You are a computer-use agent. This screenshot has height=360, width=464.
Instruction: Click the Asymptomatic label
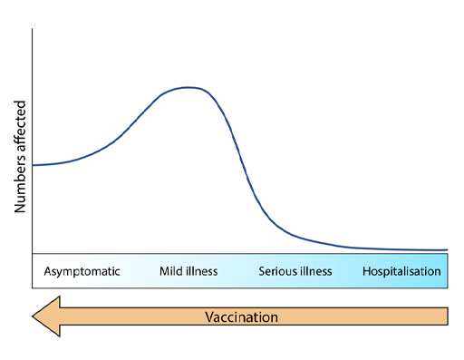pyautogui.click(x=82, y=271)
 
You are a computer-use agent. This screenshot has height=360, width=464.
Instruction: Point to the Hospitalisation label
pyautogui.click(x=401, y=271)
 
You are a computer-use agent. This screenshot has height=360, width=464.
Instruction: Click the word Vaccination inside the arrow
pyautogui.click(x=241, y=317)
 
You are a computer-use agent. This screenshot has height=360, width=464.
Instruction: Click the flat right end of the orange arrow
pyautogui.click(x=447, y=316)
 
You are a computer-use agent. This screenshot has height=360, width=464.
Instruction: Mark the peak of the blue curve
pyautogui.click(x=188, y=87)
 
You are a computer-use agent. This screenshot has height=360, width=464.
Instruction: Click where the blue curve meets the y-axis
pyautogui.click(x=34, y=165)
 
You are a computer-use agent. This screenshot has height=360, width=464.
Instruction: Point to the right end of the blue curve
pyautogui.click(x=447, y=249)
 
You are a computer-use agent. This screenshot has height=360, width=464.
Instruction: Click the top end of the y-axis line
pyautogui.click(x=33, y=30)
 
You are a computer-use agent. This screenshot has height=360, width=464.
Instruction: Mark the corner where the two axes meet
pyautogui.click(x=33, y=254)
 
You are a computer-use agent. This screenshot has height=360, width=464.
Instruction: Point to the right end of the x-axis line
pyautogui.click(x=447, y=254)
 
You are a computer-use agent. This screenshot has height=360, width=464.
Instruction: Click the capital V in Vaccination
pyautogui.click(x=209, y=317)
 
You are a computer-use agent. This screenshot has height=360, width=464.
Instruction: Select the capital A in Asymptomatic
pyautogui.click(x=47, y=271)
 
